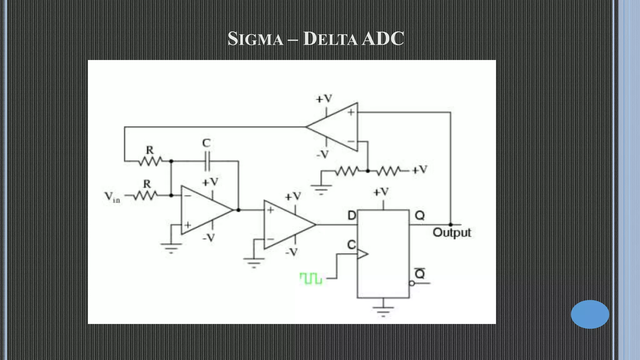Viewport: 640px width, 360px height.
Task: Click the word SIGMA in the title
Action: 255,39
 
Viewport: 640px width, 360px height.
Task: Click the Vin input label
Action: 112,197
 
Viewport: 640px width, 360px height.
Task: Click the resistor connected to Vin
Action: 145,196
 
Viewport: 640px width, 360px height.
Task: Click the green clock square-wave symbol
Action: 311,278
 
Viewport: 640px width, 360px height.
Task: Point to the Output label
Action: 452,232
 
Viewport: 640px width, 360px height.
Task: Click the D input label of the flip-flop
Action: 352,216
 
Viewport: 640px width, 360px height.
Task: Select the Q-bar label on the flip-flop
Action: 420,273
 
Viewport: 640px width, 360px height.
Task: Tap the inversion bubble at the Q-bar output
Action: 412,283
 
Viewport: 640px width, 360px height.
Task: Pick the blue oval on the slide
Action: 590,314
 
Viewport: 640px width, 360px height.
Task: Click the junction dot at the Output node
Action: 451,224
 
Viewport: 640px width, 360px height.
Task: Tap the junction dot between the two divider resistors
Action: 368,171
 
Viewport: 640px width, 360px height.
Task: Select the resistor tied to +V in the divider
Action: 388,171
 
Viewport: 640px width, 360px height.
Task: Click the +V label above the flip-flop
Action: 381,192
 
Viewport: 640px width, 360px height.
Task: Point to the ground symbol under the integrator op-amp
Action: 171,247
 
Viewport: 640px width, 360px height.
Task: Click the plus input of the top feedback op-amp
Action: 351,112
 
